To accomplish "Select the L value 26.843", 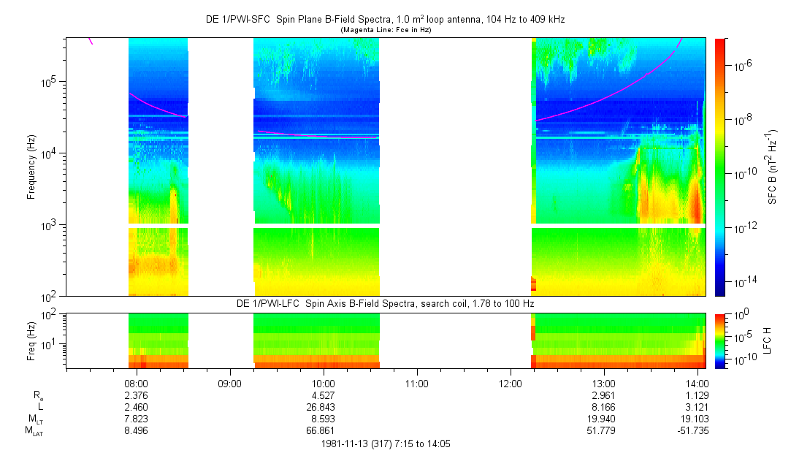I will [323, 407].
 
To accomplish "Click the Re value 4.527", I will [323, 395].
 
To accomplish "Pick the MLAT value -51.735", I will [695, 431].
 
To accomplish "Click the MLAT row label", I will [34, 431].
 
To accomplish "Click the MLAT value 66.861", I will [323, 431].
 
